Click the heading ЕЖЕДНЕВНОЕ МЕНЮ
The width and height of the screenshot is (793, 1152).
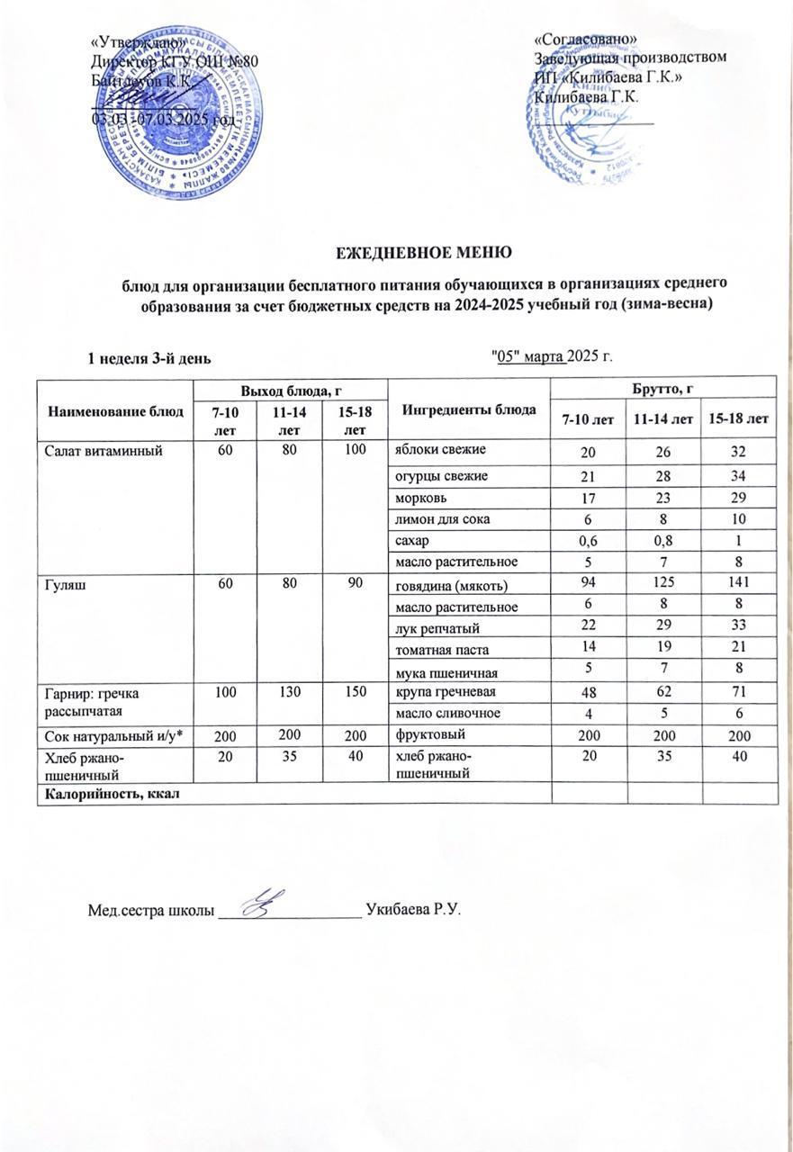pyautogui.click(x=418, y=251)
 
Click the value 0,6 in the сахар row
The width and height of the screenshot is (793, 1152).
pyautogui.click(x=587, y=541)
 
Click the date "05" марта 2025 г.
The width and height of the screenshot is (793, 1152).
pyautogui.click(x=549, y=357)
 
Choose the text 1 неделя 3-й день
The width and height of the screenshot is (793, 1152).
pyautogui.click(x=149, y=358)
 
